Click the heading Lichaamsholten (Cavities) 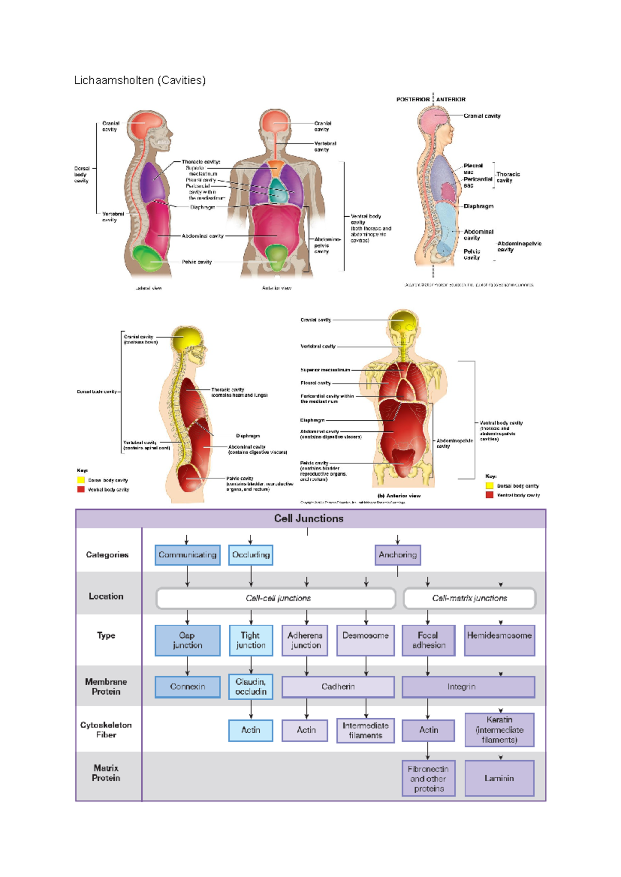[x=140, y=80]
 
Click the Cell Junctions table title [x=308, y=518]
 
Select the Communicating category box [x=187, y=555]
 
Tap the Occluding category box [x=250, y=555]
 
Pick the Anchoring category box [x=397, y=555]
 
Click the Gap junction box [x=187, y=640]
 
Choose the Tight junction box [x=250, y=640]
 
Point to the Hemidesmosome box [x=499, y=640]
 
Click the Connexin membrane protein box [x=187, y=687]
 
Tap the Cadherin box [x=338, y=687]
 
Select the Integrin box [x=462, y=687]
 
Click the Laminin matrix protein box [x=499, y=778]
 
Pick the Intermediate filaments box [x=365, y=730]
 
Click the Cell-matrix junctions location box [x=469, y=598]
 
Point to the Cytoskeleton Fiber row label [x=106, y=730]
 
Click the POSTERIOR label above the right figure [x=412, y=99]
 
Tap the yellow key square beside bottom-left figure [x=81, y=480]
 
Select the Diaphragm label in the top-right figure [x=478, y=206]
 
